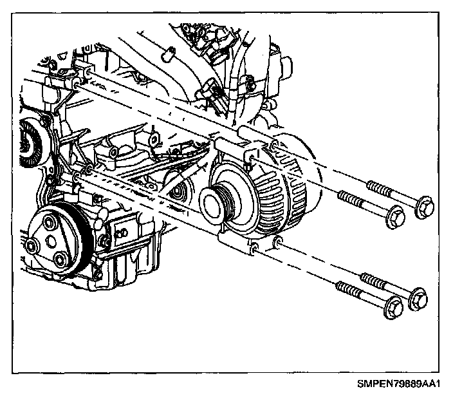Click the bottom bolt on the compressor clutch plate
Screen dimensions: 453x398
tap(62, 259)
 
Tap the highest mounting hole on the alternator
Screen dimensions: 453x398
tap(274, 148)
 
